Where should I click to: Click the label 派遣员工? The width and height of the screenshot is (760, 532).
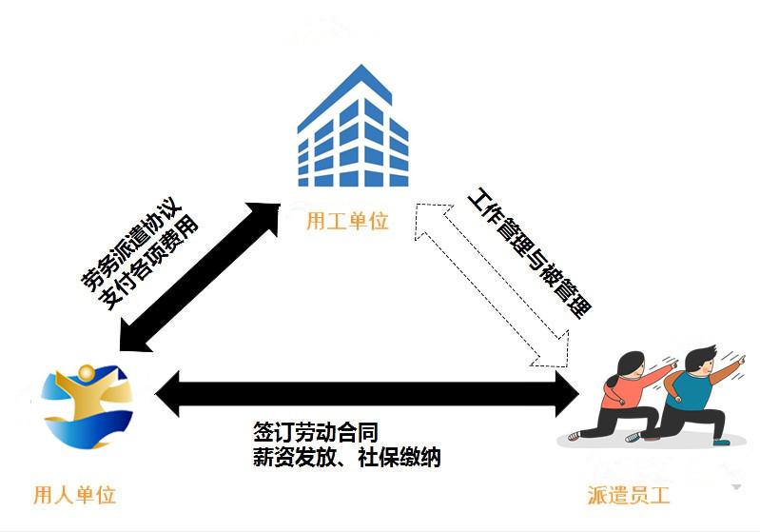(629, 495)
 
